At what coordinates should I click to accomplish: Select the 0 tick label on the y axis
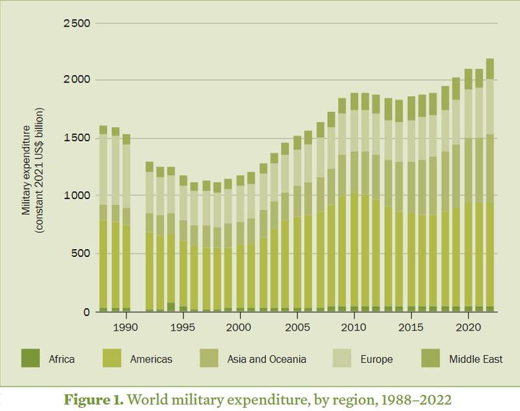tap(87, 312)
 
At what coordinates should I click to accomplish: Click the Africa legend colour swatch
tap(31, 358)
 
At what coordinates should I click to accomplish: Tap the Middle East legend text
tap(476, 358)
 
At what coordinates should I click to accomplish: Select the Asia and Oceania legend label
tap(266, 358)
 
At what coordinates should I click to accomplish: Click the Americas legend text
tap(151, 358)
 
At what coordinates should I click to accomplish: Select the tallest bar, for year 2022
tap(490, 185)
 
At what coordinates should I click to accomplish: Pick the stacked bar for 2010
tap(354, 202)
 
